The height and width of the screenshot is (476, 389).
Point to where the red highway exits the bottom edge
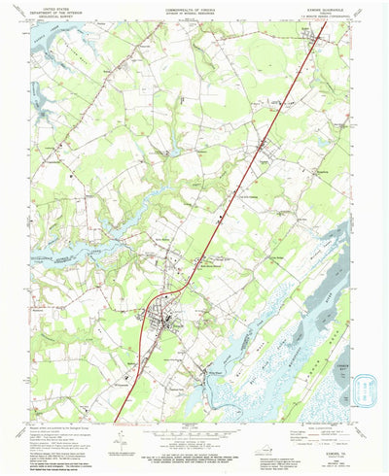pyautogui.click(x=115, y=421)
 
